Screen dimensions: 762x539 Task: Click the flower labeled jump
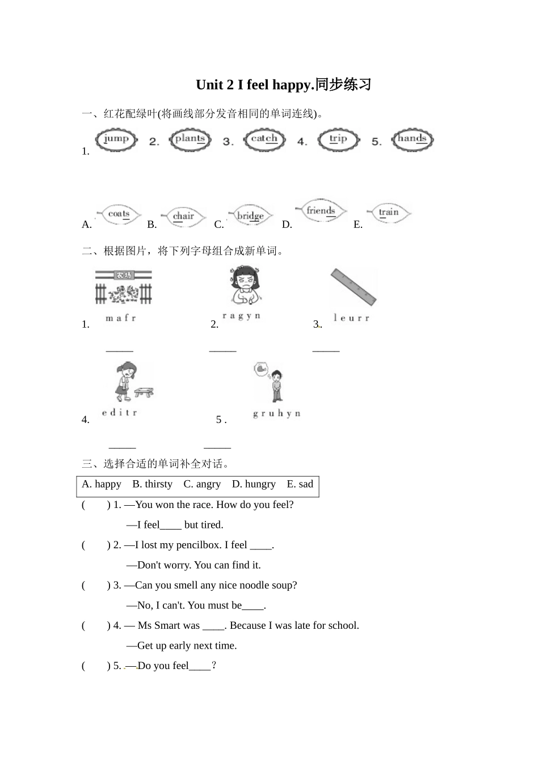click(x=116, y=139)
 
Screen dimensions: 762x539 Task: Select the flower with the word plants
click(x=190, y=139)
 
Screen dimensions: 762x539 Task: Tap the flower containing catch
click(x=264, y=139)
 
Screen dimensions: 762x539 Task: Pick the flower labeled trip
click(x=338, y=139)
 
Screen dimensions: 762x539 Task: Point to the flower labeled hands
click(x=412, y=139)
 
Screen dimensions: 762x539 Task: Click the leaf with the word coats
click(x=119, y=215)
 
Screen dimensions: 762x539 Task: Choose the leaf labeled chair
click(x=183, y=217)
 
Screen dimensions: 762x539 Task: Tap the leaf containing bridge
click(x=250, y=216)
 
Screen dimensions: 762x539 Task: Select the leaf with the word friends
click(x=321, y=211)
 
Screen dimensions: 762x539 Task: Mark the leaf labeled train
click(x=389, y=213)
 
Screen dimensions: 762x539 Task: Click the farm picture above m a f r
click(x=123, y=287)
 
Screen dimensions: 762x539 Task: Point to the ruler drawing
click(x=353, y=287)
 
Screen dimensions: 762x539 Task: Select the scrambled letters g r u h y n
click(x=276, y=414)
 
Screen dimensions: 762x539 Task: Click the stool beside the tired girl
click(x=144, y=391)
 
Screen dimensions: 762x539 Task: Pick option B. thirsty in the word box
click(x=152, y=484)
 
